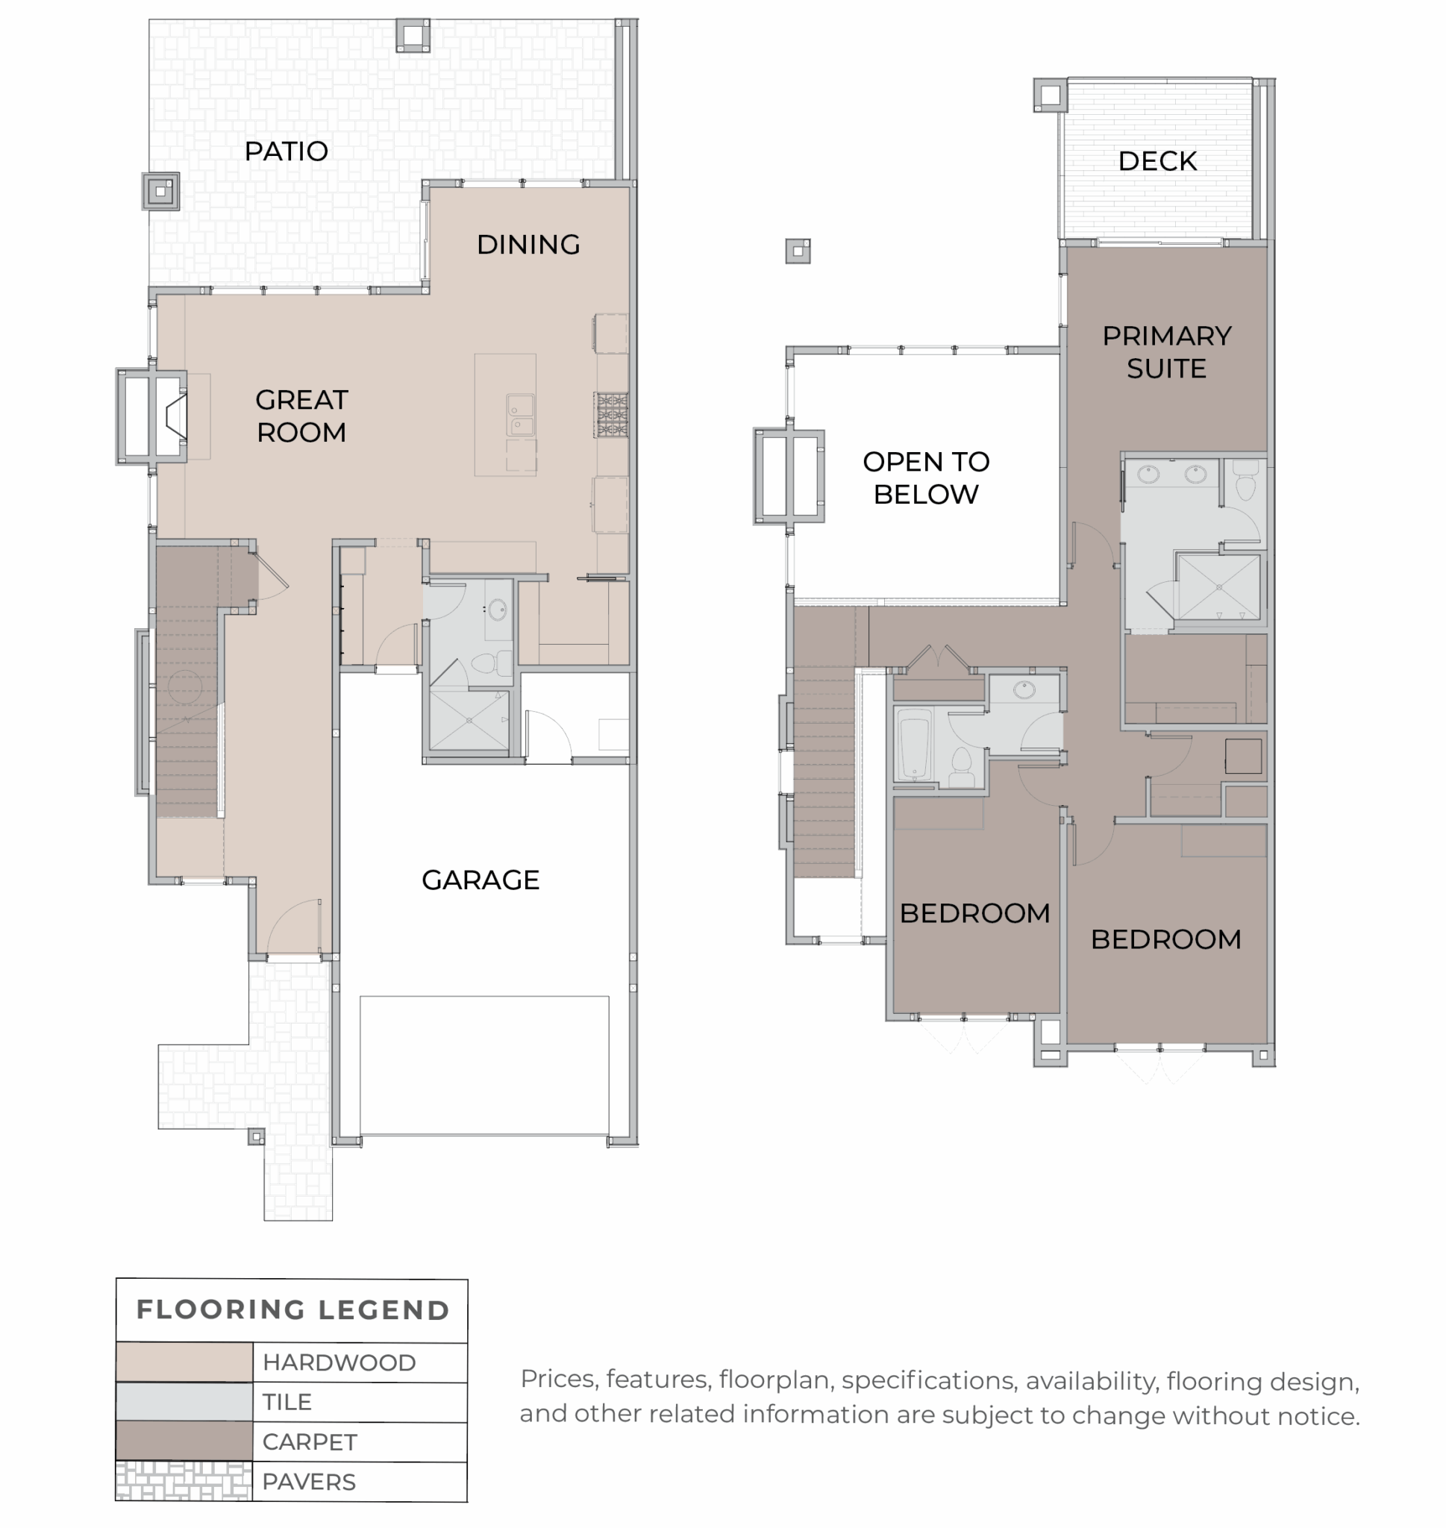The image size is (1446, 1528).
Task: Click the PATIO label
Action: pos(286,151)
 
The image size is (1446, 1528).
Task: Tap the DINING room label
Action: pos(528,244)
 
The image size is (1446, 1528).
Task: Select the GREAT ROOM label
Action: pos(301,416)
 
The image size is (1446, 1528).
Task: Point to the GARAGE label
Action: pos(481,880)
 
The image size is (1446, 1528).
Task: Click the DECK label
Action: pos(1158,161)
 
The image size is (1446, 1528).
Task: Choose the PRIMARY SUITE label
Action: pos(1166,352)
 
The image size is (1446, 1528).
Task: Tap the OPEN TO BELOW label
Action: pos(926,477)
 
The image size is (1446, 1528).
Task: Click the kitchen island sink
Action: pos(520,415)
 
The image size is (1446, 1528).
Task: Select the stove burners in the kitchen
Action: pos(611,415)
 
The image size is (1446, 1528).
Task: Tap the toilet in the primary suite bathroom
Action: pos(1245,480)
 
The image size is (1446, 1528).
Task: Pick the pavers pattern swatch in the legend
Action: pos(184,1481)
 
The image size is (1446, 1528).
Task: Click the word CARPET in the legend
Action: pos(310,1441)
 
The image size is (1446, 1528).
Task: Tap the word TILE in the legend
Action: pos(287,1402)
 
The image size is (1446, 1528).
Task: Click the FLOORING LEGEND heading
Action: pos(293,1310)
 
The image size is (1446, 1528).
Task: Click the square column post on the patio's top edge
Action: pos(413,34)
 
